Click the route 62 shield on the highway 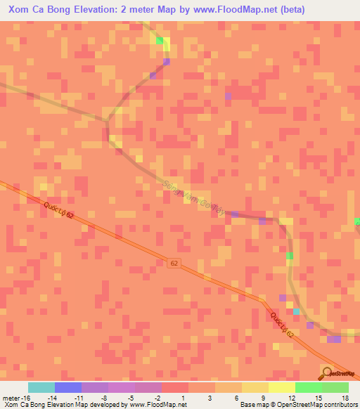(174, 263)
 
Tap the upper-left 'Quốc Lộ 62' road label (58, 210)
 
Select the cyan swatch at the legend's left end (41, 387)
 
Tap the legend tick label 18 (345, 397)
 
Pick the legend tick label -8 (105, 397)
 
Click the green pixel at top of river (160, 41)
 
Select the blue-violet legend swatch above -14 (67, 387)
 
